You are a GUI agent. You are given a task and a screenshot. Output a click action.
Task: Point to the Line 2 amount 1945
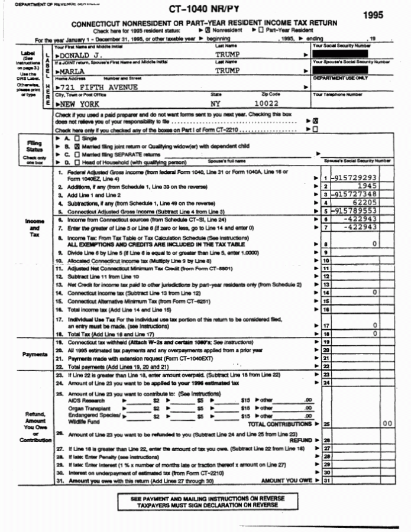coord(367,186)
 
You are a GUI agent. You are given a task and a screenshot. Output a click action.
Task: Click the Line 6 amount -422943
coord(361,219)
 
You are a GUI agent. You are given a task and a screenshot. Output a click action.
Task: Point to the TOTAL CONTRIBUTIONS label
coord(281,424)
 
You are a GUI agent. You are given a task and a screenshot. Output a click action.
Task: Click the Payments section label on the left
coord(35,355)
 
